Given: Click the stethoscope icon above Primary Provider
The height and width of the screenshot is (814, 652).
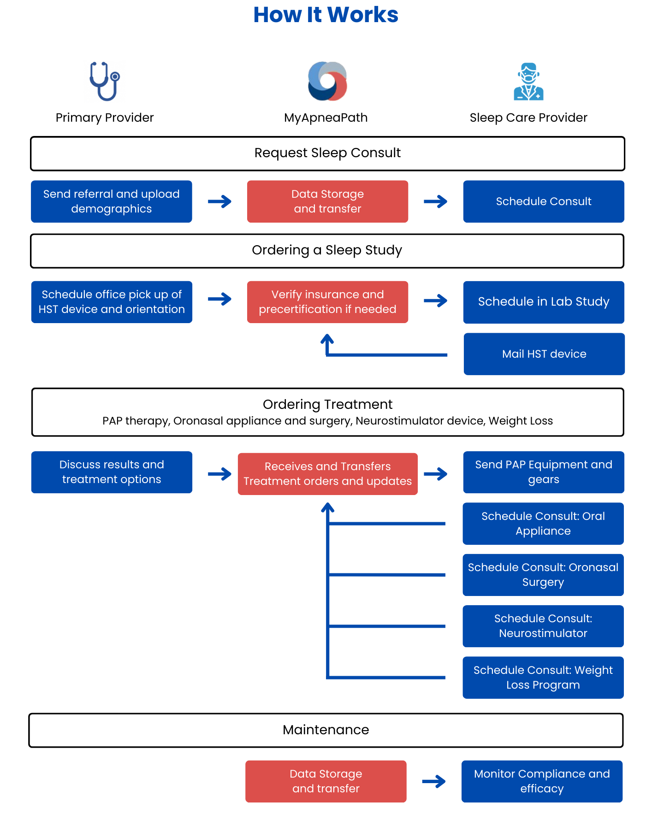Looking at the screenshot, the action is (x=105, y=81).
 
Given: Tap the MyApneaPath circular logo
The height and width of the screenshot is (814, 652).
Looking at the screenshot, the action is (x=327, y=81).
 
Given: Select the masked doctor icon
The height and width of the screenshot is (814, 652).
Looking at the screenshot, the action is (x=528, y=82).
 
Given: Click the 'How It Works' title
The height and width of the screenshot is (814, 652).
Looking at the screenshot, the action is (x=326, y=15).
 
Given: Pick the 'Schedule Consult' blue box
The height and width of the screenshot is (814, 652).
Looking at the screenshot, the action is (x=544, y=201).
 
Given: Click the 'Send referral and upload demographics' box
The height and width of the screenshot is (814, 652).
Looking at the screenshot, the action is (x=112, y=201).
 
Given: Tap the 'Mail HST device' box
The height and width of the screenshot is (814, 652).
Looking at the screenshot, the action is (x=544, y=354).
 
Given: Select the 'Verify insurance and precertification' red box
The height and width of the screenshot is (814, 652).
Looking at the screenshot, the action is (x=327, y=302).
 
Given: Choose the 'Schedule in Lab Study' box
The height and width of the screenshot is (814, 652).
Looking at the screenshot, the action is (x=544, y=302).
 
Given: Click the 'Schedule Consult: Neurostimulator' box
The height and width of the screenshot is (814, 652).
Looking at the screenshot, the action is (x=543, y=626).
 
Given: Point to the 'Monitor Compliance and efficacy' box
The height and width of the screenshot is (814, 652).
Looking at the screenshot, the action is (x=542, y=781).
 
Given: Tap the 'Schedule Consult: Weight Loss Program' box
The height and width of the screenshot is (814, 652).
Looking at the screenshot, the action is (x=543, y=678).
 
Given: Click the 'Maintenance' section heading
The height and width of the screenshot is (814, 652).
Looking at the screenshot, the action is (x=326, y=730).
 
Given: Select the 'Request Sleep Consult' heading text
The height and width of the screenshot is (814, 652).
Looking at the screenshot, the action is (x=327, y=153).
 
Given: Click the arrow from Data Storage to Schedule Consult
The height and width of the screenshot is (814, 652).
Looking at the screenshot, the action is (x=435, y=201).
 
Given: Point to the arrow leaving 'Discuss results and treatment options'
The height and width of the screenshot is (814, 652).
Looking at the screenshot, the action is (x=219, y=474).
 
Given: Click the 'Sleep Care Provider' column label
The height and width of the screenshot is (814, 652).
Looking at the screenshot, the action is (x=528, y=118).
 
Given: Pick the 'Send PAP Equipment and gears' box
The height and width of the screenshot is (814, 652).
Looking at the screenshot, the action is (x=544, y=472).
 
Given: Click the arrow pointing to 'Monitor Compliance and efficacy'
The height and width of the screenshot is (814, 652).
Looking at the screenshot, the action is (x=434, y=781).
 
